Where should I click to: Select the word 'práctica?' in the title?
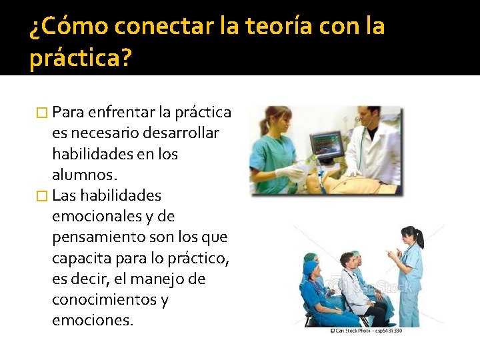(81, 59)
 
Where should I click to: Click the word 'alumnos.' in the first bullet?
(84, 175)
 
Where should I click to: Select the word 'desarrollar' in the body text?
(182, 133)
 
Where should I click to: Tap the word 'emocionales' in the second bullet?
(96, 217)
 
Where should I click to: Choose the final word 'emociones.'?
(93, 321)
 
